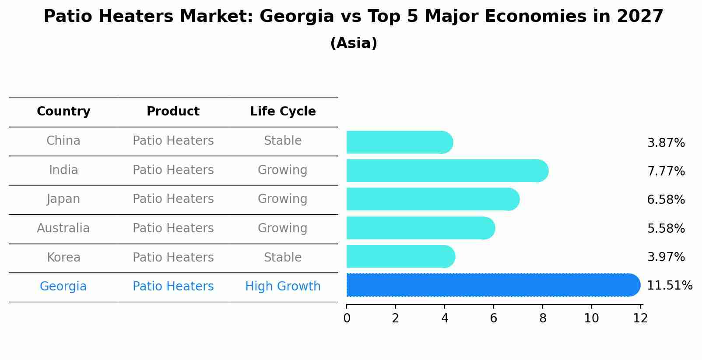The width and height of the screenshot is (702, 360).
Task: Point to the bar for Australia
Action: tap(421, 228)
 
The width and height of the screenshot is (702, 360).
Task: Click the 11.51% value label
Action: tap(669, 286)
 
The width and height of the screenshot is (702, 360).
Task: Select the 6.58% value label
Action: tap(666, 200)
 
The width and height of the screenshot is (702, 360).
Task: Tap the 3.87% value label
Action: tap(666, 143)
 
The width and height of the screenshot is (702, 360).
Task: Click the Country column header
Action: tap(63, 112)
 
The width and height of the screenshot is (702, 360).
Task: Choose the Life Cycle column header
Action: tap(283, 112)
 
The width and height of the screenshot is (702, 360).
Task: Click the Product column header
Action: tap(173, 112)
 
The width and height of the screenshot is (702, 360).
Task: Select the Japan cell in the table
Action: tap(63, 199)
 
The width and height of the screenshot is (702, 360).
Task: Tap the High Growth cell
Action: tap(283, 287)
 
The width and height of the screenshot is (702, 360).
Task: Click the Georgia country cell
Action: tap(63, 287)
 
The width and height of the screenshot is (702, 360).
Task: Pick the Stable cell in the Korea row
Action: tap(283, 257)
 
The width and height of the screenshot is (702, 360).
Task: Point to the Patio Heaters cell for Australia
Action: tap(173, 228)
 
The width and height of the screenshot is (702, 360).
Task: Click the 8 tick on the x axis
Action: tap(543, 318)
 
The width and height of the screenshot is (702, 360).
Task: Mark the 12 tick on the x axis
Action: tap(640, 318)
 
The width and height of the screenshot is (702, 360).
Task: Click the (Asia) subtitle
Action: tap(354, 43)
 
